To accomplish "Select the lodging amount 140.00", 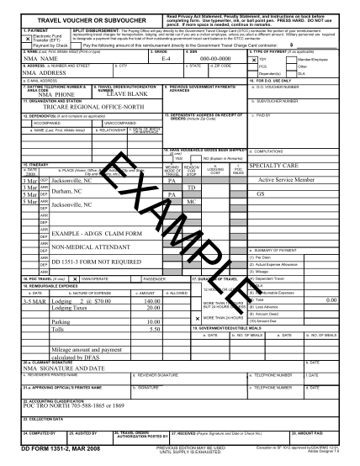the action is coord(151,300).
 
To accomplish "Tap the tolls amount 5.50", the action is coord(155,330).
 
